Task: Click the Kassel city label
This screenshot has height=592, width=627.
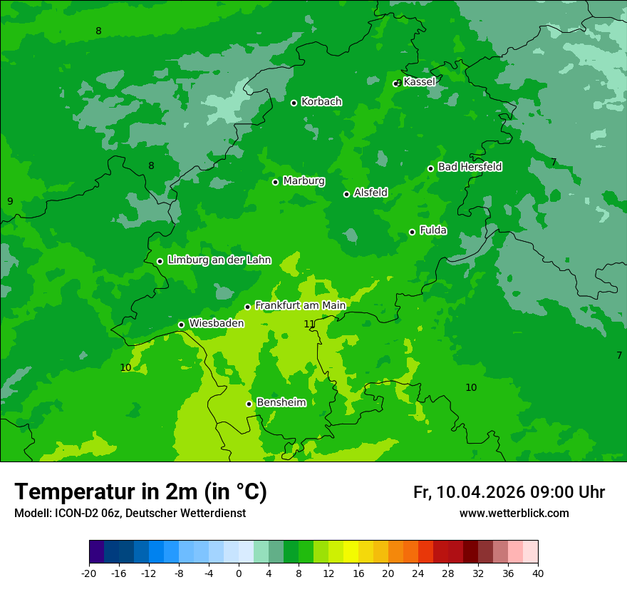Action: (419, 82)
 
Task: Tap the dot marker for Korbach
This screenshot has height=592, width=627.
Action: (294, 103)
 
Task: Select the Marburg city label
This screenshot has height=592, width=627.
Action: (304, 181)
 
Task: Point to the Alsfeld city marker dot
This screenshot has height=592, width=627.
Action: (346, 194)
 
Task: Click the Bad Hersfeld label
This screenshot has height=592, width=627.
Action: (470, 167)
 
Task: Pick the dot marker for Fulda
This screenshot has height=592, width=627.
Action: (412, 232)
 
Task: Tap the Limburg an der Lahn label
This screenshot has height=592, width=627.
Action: (219, 260)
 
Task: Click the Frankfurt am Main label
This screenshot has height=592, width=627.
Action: (300, 306)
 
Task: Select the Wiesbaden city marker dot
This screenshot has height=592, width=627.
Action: (181, 325)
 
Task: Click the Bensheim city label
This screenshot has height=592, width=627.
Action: (281, 403)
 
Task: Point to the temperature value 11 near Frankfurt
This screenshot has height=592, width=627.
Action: (309, 325)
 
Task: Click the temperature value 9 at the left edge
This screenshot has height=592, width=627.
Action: (10, 202)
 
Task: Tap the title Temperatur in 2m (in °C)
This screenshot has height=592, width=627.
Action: (140, 492)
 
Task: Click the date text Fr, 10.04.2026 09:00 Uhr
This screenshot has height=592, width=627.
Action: (509, 492)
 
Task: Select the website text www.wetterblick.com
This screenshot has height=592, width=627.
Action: (514, 514)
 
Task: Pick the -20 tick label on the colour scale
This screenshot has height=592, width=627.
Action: (89, 573)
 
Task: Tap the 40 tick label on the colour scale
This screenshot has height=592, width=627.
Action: (538, 573)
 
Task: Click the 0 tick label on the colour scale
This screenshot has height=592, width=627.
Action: (239, 573)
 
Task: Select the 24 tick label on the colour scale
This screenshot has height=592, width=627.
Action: (418, 573)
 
